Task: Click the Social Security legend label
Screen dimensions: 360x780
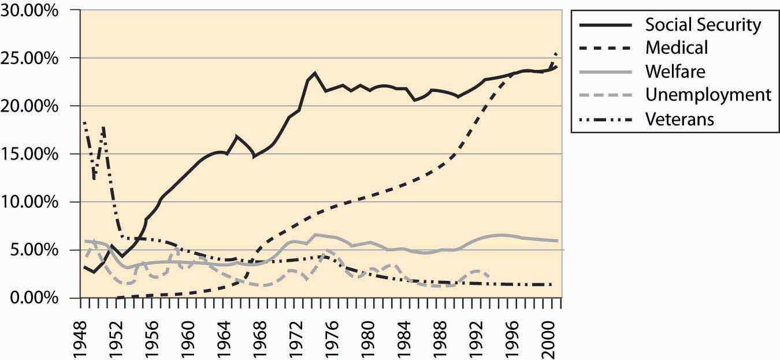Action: (703, 25)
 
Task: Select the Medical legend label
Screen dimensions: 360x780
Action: (676, 47)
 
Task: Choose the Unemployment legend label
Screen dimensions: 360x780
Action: (708, 94)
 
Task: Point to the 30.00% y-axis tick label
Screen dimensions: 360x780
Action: (35, 11)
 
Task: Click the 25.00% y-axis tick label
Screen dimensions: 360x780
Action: (35, 59)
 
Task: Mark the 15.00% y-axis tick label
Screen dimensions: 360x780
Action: (35, 154)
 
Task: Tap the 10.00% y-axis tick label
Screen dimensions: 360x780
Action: (35, 202)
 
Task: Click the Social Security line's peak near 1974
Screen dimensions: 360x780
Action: (314, 73)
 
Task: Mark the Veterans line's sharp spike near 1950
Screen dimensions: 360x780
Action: (103, 126)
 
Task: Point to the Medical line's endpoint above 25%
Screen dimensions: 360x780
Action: (556, 54)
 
